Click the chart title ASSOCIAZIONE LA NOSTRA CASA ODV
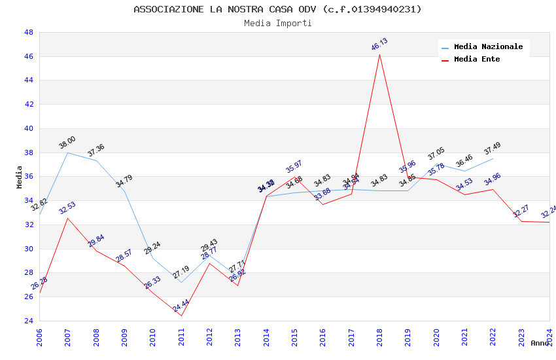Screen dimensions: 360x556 277,9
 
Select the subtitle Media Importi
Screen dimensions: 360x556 277,23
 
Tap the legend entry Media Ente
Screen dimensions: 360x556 476,60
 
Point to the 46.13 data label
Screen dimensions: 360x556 379,45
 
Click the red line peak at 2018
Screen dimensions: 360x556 379,54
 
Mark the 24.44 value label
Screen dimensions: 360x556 181,306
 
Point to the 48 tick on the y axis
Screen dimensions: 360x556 29,32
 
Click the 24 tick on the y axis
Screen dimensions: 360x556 29,321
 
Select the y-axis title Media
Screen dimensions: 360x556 20,177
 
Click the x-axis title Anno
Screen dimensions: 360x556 540,343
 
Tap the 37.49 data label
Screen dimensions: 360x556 493,149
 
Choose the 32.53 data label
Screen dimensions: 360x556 67,208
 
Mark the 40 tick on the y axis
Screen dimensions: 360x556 29,128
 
